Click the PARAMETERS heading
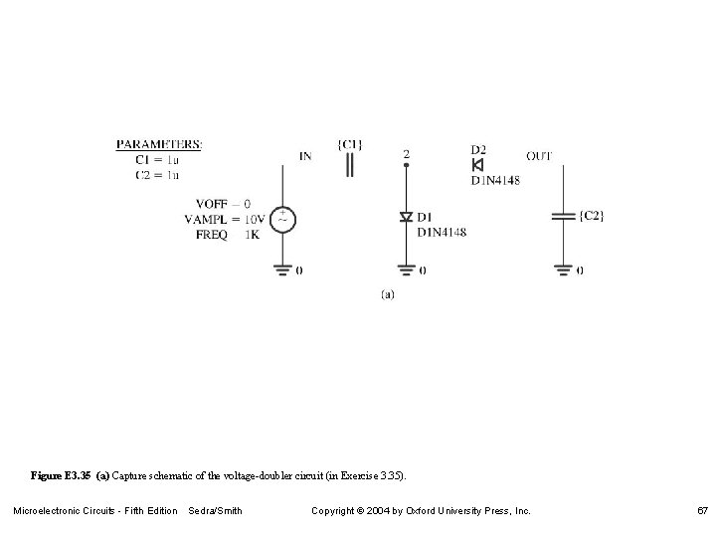(159, 144)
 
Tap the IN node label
(305, 155)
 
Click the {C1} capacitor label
(350, 144)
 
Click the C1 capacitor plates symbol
(349, 165)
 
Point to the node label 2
(406, 154)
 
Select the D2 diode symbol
(478, 165)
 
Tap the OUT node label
(539, 155)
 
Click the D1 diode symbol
(406, 217)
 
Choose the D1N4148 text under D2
(494, 180)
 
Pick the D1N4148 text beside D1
(441, 233)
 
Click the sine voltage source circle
(282, 218)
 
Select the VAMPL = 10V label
(224, 219)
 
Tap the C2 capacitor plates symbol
(563, 216)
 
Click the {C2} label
(590, 216)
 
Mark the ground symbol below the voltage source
(282, 267)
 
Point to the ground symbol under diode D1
(406, 267)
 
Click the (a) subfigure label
(388, 293)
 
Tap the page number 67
(702, 511)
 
